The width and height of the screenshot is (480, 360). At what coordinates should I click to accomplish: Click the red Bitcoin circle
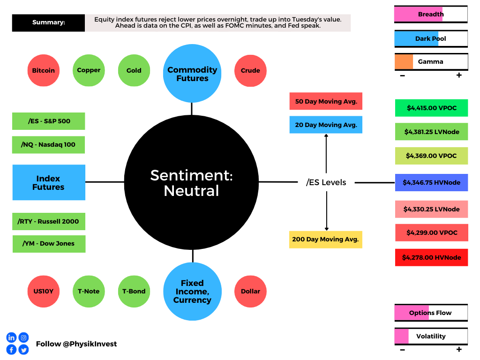44,70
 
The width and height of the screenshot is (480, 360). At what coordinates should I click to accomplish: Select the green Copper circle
89,70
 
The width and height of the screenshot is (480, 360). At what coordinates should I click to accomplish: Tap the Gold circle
134,70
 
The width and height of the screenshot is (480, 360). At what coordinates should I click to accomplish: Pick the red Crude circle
250,71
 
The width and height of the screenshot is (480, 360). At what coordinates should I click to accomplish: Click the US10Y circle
44,292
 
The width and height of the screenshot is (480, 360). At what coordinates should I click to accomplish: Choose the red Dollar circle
250,292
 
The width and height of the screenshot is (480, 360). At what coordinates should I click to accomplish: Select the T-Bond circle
134,292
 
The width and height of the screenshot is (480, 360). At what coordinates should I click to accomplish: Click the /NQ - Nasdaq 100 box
48,145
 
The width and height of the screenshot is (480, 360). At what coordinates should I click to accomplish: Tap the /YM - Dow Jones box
49,244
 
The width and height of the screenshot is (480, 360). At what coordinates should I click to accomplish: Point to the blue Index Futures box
49,182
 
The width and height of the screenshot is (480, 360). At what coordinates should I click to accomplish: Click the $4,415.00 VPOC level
431,108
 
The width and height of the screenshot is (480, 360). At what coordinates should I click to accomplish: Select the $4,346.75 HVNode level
431,182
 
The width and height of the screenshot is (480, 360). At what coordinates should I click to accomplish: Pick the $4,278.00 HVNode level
431,257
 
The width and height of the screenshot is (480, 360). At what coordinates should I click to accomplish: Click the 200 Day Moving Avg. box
326,240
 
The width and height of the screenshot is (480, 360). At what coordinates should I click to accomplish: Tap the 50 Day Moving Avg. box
326,101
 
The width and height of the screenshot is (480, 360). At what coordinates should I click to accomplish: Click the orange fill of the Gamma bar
404,62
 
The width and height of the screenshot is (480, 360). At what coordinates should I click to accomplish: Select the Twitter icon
23,350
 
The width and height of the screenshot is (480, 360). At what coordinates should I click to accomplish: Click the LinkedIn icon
11,337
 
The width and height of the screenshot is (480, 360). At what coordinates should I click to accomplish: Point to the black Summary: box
48,22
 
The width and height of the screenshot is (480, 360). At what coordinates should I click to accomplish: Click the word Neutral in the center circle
192,191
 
